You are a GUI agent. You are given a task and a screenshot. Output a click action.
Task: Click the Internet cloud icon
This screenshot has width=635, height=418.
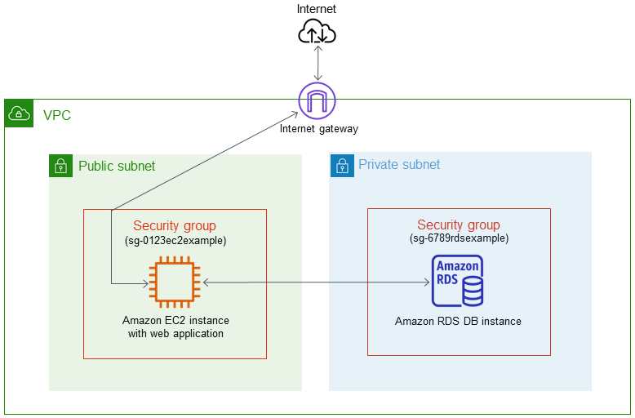click(317, 32)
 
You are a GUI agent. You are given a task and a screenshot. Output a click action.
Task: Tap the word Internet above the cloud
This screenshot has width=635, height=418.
click(317, 9)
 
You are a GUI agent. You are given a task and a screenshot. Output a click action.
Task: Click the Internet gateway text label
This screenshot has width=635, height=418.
click(318, 129)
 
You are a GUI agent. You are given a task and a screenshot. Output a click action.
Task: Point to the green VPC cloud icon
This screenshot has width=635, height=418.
click(18, 113)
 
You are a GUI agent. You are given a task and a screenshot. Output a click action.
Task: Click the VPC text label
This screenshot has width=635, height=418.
click(57, 115)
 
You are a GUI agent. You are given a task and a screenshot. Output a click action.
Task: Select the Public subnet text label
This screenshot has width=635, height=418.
click(117, 167)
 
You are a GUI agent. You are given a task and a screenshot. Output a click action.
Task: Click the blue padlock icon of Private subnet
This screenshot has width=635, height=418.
click(341, 167)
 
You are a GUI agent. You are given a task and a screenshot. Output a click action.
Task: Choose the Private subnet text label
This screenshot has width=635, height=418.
click(399, 165)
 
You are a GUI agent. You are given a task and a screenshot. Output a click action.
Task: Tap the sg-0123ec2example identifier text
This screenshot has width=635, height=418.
click(175, 240)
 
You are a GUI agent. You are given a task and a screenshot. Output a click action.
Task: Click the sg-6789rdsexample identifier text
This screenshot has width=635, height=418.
click(459, 238)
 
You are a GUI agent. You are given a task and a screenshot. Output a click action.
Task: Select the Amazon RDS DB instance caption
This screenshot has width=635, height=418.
click(458, 321)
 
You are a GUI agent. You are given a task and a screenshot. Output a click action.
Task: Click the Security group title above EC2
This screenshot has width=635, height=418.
click(175, 226)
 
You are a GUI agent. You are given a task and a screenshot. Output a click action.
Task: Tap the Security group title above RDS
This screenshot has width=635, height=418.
click(459, 225)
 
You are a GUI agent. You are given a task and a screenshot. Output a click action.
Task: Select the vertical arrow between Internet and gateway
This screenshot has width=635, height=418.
click(317, 63)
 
